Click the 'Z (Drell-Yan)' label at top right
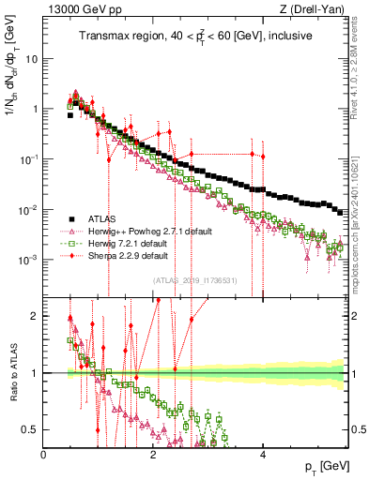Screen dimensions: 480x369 point(310,10)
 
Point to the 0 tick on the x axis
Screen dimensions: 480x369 point(44,454)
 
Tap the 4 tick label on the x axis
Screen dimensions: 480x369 point(263,454)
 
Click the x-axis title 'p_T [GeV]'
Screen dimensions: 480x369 point(322,467)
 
